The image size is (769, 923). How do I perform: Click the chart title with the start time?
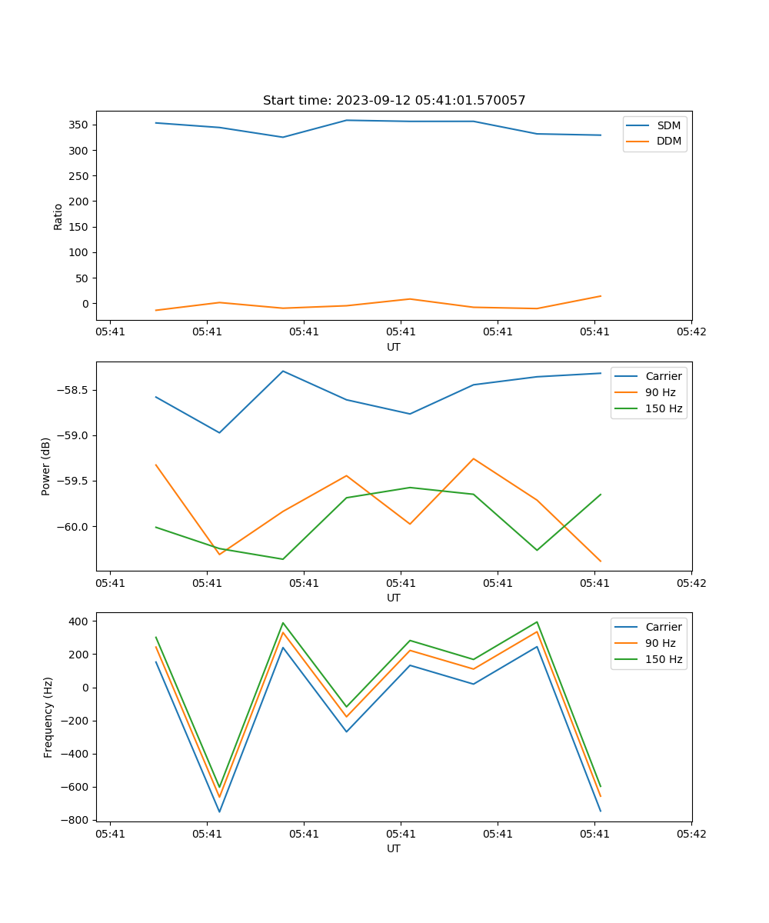coord(394,101)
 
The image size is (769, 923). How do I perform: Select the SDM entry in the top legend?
coord(668,125)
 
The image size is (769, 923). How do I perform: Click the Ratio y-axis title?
coord(58,217)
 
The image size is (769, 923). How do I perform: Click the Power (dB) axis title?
coord(46,466)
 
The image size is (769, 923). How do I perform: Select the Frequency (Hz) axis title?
coord(48,717)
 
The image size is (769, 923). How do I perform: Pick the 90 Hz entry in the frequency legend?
coord(660,643)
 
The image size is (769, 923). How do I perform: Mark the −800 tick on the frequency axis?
coord(78,820)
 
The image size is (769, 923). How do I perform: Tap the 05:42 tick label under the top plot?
coord(691,332)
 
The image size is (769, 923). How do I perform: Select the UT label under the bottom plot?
coord(394,849)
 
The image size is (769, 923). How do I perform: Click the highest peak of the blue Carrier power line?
coord(283,371)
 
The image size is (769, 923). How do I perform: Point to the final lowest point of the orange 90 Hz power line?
coord(601,561)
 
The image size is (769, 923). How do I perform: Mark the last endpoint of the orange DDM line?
coord(601,296)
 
